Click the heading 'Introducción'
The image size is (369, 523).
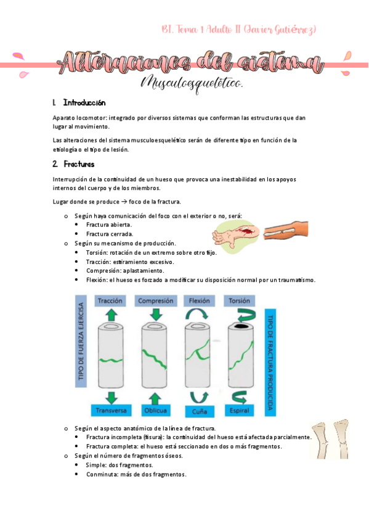[84, 102]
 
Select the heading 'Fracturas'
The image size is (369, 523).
[79, 164]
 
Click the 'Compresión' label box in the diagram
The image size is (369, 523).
[155, 301]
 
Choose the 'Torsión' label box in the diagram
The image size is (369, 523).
[239, 301]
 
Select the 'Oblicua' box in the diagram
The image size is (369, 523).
[155, 410]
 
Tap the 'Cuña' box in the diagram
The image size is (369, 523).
[198, 411]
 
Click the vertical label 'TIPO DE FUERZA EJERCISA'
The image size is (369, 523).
[80, 348]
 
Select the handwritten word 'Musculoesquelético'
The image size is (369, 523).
[192, 83]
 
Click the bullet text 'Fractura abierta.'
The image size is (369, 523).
[109, 224]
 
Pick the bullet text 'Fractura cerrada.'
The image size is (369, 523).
[110, 234]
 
